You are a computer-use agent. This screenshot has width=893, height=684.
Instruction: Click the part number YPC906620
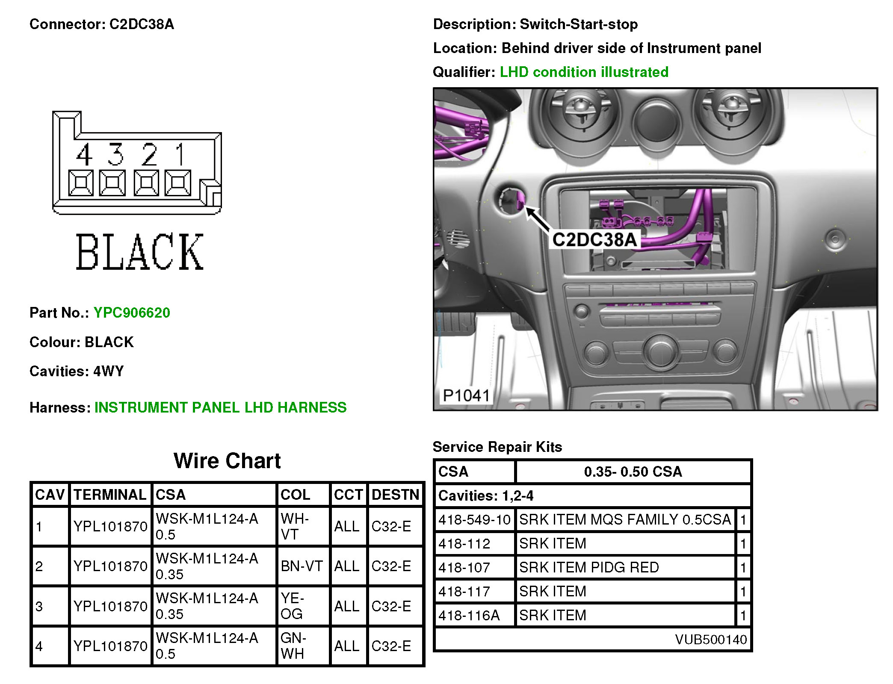[132, 313]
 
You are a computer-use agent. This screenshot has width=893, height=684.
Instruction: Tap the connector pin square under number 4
[80, 183]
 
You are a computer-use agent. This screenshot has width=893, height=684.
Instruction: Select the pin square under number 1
[177, 183]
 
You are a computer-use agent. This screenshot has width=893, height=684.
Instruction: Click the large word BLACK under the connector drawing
[139, 252]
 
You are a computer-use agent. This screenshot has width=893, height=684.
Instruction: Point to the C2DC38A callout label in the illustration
[594, 240]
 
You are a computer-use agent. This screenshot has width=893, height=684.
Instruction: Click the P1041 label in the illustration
[466, 396]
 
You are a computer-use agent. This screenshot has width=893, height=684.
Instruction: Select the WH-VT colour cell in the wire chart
[295, 526]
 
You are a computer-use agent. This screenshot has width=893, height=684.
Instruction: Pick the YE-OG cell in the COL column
[292, 606]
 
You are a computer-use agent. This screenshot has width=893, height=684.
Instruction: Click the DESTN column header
[395, 495]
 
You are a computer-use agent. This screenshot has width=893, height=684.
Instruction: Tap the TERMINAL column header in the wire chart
[110, 495]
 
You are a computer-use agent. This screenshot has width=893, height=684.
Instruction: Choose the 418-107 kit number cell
[464, 568]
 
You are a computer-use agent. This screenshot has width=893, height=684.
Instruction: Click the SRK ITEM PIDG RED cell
[589, 568]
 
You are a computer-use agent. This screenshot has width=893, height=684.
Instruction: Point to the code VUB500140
[710, 640]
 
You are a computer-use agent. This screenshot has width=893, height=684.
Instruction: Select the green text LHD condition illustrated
[584, 72]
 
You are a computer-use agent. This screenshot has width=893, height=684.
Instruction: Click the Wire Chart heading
[227, 461]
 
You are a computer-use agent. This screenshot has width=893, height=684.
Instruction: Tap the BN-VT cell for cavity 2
[302, 566]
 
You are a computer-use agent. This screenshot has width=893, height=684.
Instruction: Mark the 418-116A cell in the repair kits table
[469, 616]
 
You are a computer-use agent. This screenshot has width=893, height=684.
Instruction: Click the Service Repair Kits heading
[497, 447]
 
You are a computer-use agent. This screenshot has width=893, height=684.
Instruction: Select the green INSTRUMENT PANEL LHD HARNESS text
[220, 408]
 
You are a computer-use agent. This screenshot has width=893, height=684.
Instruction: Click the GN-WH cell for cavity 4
[293, 646]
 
